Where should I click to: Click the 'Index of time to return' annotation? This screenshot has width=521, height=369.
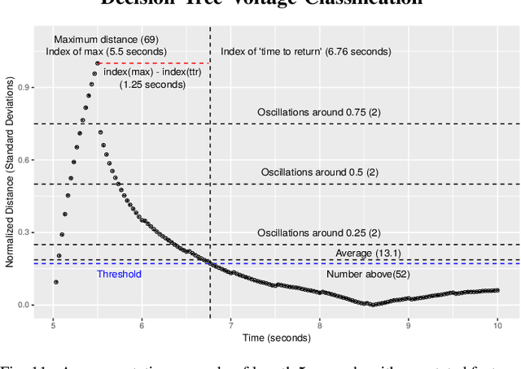point(306,51)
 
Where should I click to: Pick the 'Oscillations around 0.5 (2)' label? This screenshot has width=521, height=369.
point(320,171)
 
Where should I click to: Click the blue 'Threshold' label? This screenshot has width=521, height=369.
point(119,274)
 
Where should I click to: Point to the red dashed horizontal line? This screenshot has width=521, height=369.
point(155,63)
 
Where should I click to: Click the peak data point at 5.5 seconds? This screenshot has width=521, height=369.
point(98,63)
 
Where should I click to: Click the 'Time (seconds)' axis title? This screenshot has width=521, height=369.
point(275,337)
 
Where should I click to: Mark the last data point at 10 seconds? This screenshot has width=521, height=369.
point(497,290)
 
